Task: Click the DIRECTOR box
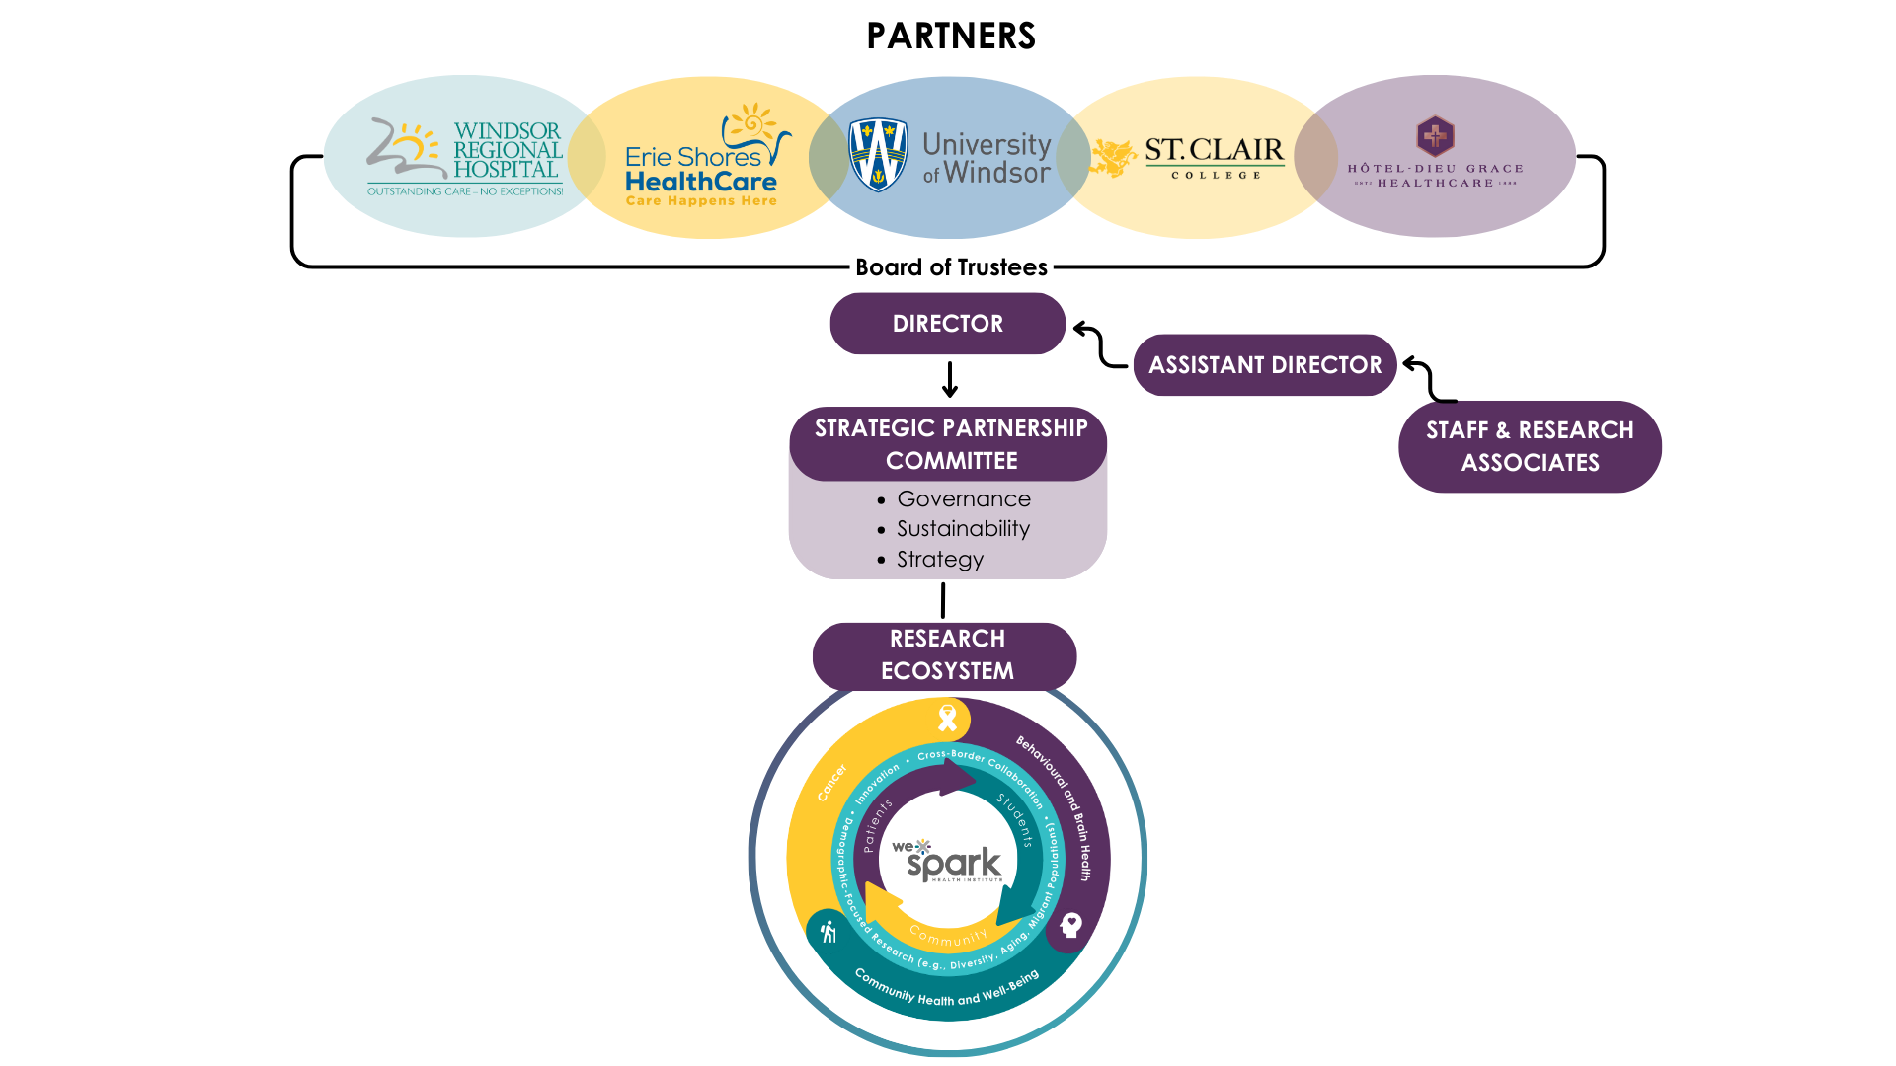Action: pyautogui.click(x=947, y=324)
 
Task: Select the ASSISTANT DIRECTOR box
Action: pyautogui.click(x=1265, y=365)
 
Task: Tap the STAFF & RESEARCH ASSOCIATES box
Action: pyautogui.click(x=1530, y=446)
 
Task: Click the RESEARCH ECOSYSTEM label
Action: pyautogui.click(x=946, y=654)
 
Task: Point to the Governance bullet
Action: pyautogui.click(x=963, y=499)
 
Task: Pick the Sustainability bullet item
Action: pyautogui.click(x=962, y=529)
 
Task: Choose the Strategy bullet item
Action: pyautogui.click(x=939, y=560)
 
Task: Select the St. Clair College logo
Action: pyautogui.click(x=1214, y=158)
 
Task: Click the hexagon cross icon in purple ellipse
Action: pyautogui.click(x=1435, y=136)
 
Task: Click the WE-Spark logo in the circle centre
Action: pyautogui.click(x=948, y=862)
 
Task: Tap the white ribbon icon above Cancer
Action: pyautogui.click(x=948, y=718)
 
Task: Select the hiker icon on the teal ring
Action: pyautogui.click(x=829, y=931)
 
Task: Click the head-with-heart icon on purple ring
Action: pyautogui.click(x=1070, y=925)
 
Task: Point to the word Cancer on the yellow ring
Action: pyautogui.click(x=832, y=783)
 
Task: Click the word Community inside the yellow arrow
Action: pyautogui.click(x=948, y=936)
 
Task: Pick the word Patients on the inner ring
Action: pyautogui.click(x=876, y=825)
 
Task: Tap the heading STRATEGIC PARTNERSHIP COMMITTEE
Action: pyautogui.click(x=951, y=444)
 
